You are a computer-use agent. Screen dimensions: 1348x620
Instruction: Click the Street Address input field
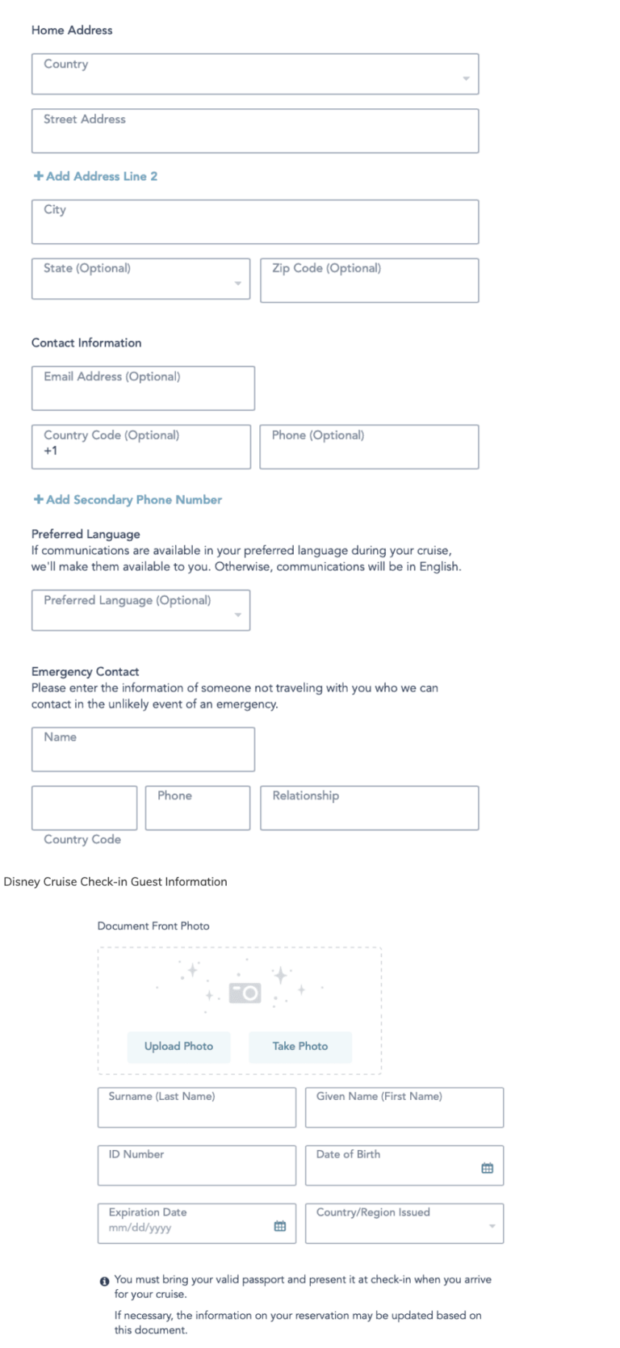point(254,132)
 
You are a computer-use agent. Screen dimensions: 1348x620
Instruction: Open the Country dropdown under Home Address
point(254,75)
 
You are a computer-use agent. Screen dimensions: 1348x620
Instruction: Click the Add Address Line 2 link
point(95,176)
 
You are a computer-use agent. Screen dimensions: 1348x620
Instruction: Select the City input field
point(254,222)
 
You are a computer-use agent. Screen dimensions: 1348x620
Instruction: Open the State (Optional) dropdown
point(140,279)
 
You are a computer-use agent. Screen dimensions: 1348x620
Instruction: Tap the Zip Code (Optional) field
point(369,281)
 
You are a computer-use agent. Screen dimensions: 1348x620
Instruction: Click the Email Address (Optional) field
point(143,388)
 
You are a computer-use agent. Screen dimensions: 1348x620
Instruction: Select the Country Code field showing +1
point(140,447)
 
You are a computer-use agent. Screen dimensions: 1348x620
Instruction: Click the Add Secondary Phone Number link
point(128,500)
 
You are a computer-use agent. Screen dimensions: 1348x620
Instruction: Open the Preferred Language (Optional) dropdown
point(140,611)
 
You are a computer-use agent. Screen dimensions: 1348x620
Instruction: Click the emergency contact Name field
point(143,750)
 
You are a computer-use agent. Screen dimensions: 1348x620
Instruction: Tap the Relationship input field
point(369,808)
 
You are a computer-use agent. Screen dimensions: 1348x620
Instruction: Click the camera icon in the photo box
point(245,993)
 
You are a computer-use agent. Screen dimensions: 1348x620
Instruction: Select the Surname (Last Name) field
point(196,1108)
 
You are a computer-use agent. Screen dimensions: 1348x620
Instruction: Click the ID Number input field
point(196,1166)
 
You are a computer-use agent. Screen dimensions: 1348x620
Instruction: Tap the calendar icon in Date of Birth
point(487,1168)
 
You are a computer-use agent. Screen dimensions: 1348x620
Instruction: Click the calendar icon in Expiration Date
point(280,1226)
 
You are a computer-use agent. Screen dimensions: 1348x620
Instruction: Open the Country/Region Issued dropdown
point(404,1224)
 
